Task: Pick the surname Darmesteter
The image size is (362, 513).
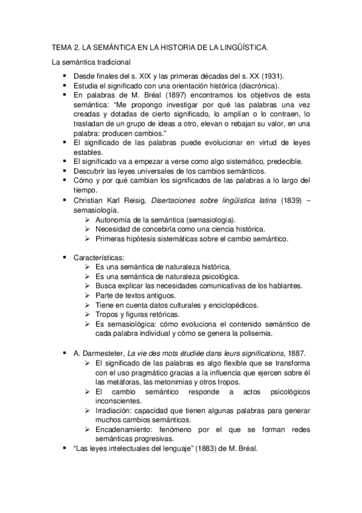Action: point(103,353)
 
